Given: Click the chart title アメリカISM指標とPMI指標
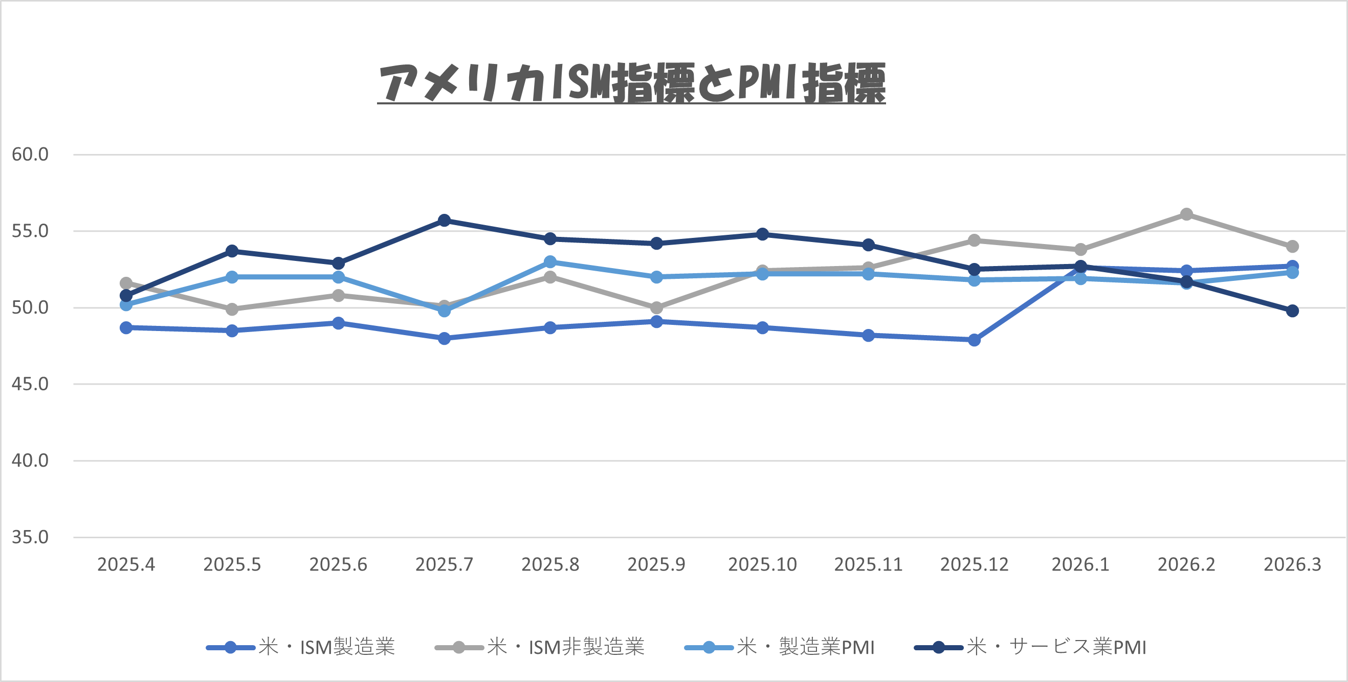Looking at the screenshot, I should coord(631,83).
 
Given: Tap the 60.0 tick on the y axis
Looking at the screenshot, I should coord(30,155).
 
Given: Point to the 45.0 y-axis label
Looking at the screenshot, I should coord(30,384).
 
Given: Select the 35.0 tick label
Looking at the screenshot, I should coord(30,537).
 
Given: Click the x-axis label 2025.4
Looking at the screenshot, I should coord(126,565).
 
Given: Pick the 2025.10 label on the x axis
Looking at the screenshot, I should coord(762,565).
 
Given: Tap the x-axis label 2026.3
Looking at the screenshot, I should coord(1292,565).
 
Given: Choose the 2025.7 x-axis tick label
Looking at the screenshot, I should coord(444,565).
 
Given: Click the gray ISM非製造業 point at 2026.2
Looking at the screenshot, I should coord(1186,214).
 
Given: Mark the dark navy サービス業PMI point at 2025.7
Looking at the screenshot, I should coord(444,221).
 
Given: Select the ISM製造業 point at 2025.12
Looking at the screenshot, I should coord(975,340).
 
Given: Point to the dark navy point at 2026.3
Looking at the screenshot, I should coord(1292,311).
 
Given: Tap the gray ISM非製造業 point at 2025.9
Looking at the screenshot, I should coord(656,308).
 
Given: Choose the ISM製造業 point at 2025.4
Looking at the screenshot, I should coord(126,327).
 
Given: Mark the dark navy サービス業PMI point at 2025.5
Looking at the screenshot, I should coord(232,251).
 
